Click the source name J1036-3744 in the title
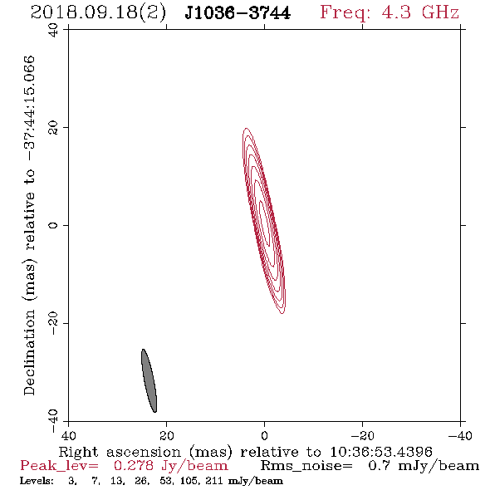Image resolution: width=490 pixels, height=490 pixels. tap(238, 12)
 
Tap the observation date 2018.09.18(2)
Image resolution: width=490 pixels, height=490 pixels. tap(98, 12)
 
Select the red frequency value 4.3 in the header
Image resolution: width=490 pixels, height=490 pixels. tap(396, 12)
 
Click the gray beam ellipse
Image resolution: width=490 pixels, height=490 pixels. tap(149, 380)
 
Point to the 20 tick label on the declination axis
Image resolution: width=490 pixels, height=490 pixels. tap(53, 128)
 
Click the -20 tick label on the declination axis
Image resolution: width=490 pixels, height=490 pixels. tap(53, 323)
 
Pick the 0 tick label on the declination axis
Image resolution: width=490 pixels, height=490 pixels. tap(53, 225)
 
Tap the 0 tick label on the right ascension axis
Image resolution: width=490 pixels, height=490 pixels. tap(264, 436)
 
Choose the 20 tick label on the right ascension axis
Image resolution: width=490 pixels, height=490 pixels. tap(166, 436)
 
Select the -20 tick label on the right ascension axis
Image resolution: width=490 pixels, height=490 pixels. tap(362, 436)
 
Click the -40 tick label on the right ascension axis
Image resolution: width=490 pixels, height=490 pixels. tap(460, 436)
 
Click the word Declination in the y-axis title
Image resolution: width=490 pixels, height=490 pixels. tap(29, 352)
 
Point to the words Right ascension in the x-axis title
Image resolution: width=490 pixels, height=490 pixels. tap(120, 452)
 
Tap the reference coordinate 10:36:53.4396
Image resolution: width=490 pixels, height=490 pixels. tap(381, 452)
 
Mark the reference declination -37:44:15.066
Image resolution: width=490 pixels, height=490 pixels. tap(29, 108)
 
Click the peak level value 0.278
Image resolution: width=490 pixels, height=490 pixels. tap(134, 466)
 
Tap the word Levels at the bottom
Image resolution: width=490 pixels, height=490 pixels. tap(37, 481)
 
